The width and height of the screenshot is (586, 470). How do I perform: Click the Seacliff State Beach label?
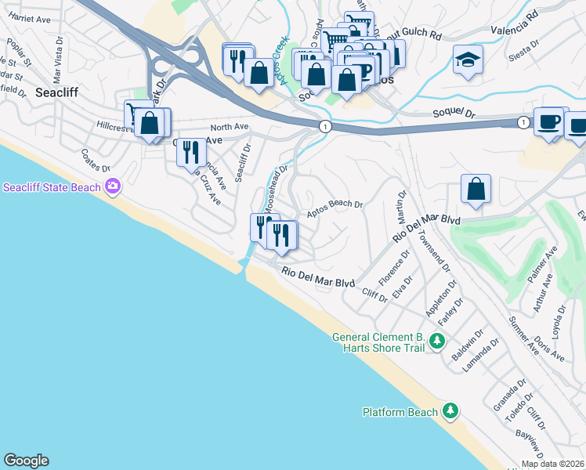[x=52, y=187]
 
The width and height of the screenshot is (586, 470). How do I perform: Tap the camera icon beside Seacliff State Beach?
[x=114, y=186]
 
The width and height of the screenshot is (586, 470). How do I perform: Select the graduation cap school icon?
[x=468, y=59]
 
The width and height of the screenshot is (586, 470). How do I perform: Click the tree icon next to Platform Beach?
[x=450, y=410]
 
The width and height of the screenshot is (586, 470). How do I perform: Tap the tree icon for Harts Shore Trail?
[x=437, y=341]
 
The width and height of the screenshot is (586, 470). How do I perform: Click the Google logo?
[x=27, y=461]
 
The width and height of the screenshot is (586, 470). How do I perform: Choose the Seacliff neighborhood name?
[x=56, y=92]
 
